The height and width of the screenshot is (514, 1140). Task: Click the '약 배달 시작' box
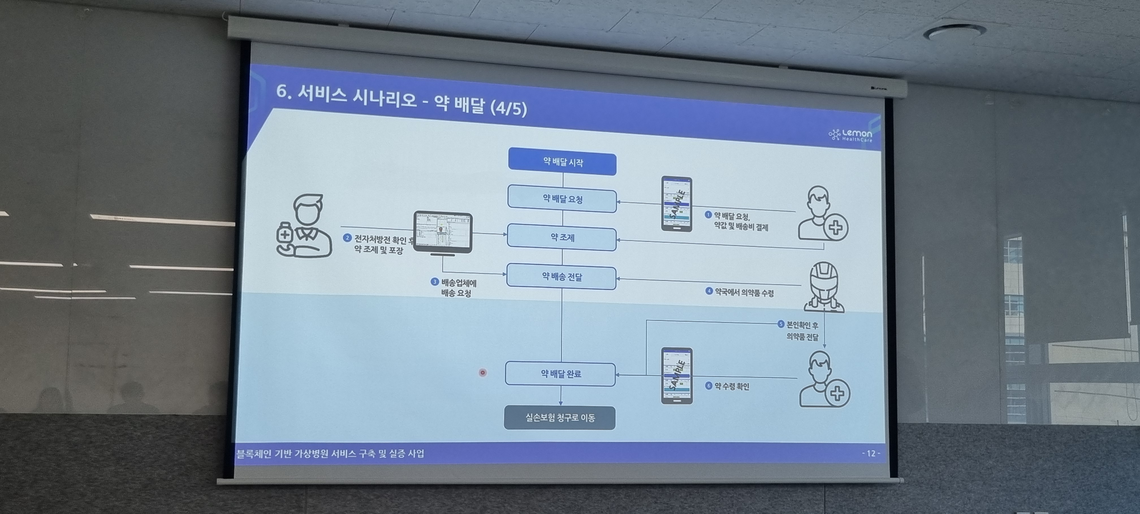[562, 163]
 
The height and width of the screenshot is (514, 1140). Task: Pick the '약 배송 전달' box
[561, 277]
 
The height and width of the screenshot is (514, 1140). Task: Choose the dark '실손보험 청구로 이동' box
[560, 418]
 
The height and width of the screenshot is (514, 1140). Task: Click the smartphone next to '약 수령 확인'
[677, 376]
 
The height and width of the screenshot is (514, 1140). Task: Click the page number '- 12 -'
[871, 453]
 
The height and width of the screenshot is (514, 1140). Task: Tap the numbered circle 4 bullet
[709, 291]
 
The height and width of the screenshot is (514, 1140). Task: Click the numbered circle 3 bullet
[435, 282]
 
